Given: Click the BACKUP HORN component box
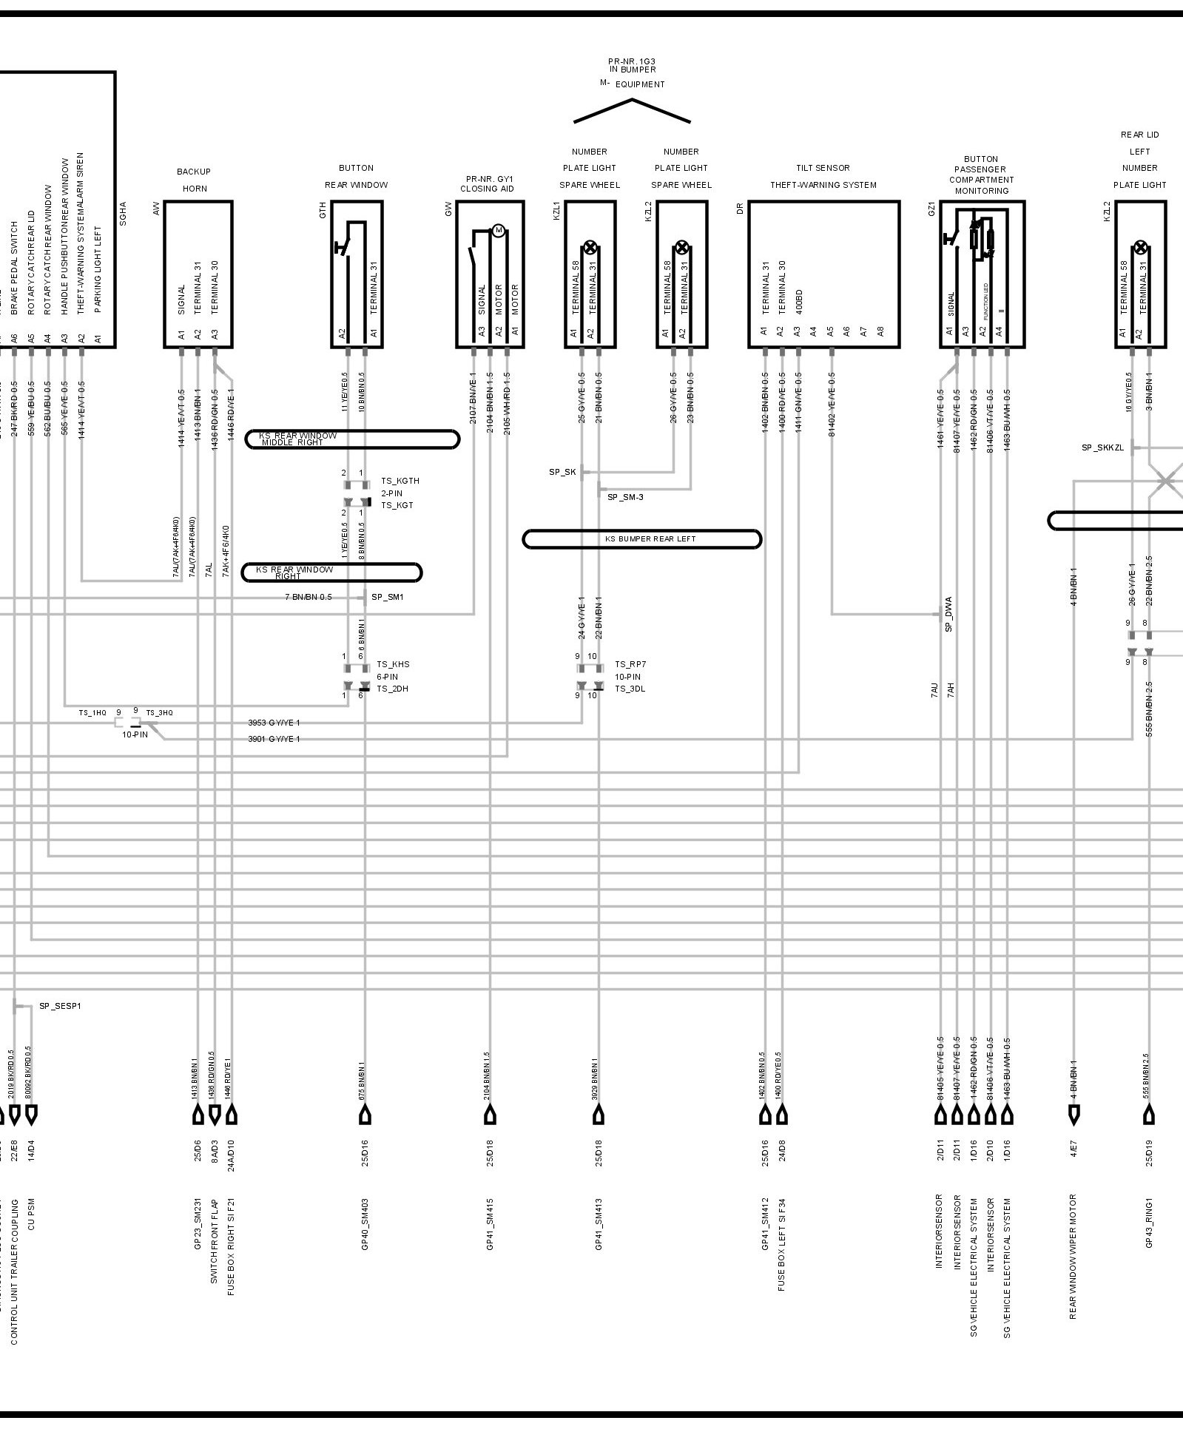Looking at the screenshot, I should (198, 273).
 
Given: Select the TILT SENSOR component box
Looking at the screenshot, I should (823, 273).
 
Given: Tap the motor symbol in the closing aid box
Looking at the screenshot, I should (498, 231).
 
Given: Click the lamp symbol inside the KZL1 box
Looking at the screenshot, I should (590, 247).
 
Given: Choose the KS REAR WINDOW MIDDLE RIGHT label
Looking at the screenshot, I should (297, 439).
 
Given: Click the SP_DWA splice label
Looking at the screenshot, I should (948, 614).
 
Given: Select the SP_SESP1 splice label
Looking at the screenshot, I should (60, 1006).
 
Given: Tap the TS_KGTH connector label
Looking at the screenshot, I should (400, 481).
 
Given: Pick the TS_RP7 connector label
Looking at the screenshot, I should (630, 664).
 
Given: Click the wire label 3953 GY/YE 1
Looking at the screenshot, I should (274, 723).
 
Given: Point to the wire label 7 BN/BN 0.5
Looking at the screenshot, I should (308, 597).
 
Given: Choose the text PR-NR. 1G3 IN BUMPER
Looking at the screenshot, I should (631, 65).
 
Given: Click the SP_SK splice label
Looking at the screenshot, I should (562, 472).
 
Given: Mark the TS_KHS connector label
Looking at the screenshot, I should (393, 664).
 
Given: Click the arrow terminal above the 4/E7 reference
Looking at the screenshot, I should (1074, 1114).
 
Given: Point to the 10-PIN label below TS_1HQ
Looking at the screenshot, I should (135, 735).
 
